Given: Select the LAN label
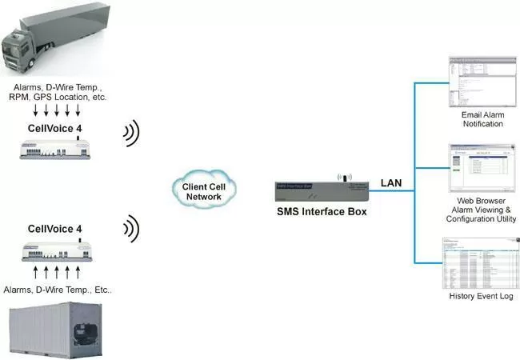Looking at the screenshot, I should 391,183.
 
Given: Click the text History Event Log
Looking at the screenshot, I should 482,298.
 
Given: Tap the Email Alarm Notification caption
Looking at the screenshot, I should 482,119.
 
